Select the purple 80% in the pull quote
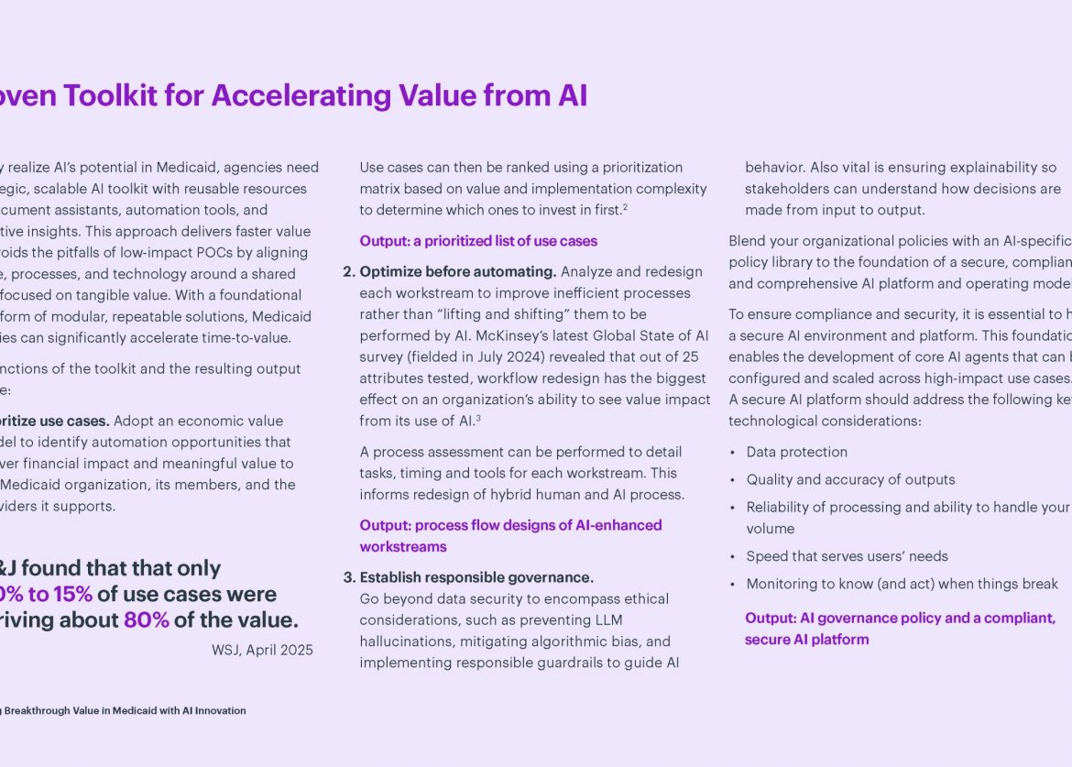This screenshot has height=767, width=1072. (x=146, y=620)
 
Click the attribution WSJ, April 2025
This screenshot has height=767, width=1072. (x=262, y=650)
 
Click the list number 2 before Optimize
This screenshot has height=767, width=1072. (x=348, y=271)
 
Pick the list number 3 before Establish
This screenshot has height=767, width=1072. (x=348, y=577)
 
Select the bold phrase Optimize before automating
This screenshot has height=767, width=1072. (x=458, y=271)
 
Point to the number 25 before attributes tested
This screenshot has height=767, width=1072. (x=691, y=356)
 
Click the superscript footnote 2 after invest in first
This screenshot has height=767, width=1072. (x=625, y=208)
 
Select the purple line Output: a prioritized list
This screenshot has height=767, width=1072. (x=478, y=241)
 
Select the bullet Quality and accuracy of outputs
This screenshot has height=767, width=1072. (x=850, y=479)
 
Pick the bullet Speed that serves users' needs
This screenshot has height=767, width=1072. (x=847, y=556)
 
